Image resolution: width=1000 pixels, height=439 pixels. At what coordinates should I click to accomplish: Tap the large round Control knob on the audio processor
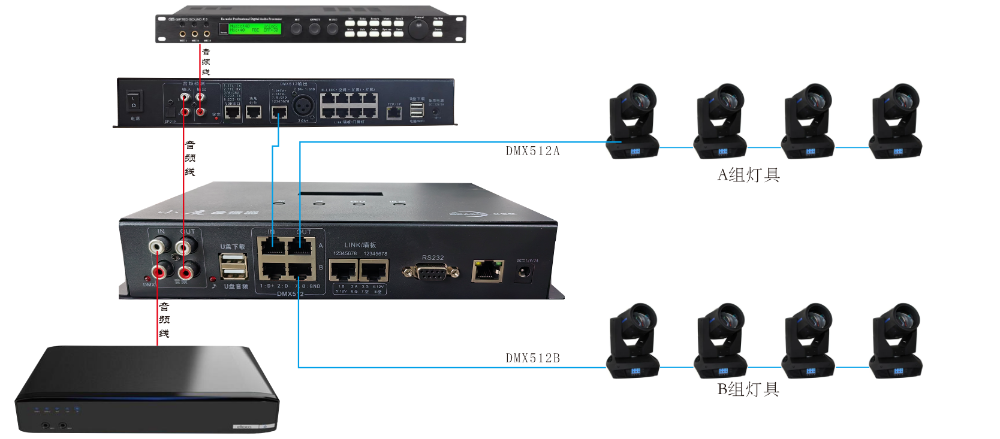pyautogui.click(x=418, y=28)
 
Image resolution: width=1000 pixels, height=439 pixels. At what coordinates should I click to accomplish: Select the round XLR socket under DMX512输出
pyautogui.click(x=303, y=105)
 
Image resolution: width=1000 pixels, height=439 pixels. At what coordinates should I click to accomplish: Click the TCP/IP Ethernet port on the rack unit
pyautogui.click(x=394, y=113)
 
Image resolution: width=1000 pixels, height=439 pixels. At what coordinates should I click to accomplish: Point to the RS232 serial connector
pyautogui.click(x=431, y=272)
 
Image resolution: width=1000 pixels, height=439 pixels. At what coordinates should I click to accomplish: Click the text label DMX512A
pyautogui.click(x=532, y=151)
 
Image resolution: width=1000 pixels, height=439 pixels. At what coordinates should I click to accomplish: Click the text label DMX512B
pyautogui.click(x=532, y=358)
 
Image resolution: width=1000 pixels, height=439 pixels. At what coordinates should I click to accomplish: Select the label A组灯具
pyautogui.click(x=749, y=175)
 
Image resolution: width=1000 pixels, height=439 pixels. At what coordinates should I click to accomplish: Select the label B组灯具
pyautogui.click(x=749, y=389)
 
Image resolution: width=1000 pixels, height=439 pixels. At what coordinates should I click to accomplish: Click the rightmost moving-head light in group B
pyautogui.click(x=896, y=341)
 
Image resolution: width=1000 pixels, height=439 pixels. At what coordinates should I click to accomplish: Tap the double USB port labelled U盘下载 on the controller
pyautogui.click(x=233, y=266)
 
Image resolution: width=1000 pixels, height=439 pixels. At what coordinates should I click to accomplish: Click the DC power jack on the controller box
pyautogui.click(x=525, y=273)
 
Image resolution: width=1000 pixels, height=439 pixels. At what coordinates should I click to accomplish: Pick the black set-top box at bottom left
pyautogui.click(x=146, y=389)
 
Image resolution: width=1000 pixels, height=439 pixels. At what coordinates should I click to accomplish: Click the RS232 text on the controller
pyautogui.click(x=432, y=258)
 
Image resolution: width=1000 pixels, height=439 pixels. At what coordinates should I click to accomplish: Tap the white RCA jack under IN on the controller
pyautogui.click(x=159, y=245)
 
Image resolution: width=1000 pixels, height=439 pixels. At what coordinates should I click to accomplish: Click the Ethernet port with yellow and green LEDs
pyautogui.click(x=487, y=271)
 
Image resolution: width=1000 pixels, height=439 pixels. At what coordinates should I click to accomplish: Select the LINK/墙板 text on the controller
pyautogui.click(x=360, y=245)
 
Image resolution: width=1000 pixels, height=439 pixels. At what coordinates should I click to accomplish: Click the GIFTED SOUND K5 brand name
pyautogui.click(x=188, y=19)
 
